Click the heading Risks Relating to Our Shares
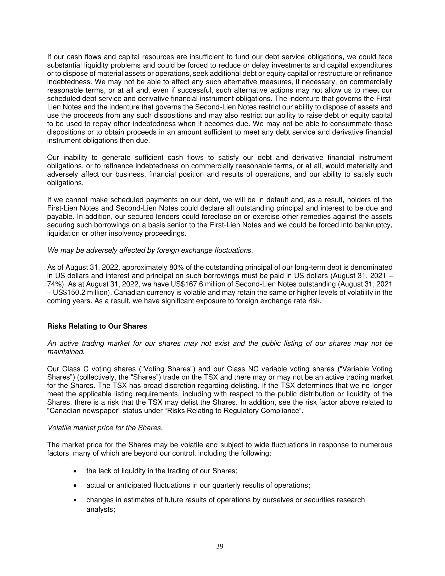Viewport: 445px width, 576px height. click(x=97, y=326)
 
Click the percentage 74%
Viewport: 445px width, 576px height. click(x=53, y=284)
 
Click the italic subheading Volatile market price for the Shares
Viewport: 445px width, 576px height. click(x=105, y=428)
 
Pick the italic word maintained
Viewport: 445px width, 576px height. click(x=66, y=352)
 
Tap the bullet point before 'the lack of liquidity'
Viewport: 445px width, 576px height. click(x=75, y=471)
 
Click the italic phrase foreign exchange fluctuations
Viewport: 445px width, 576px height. click(x=205, y=250)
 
